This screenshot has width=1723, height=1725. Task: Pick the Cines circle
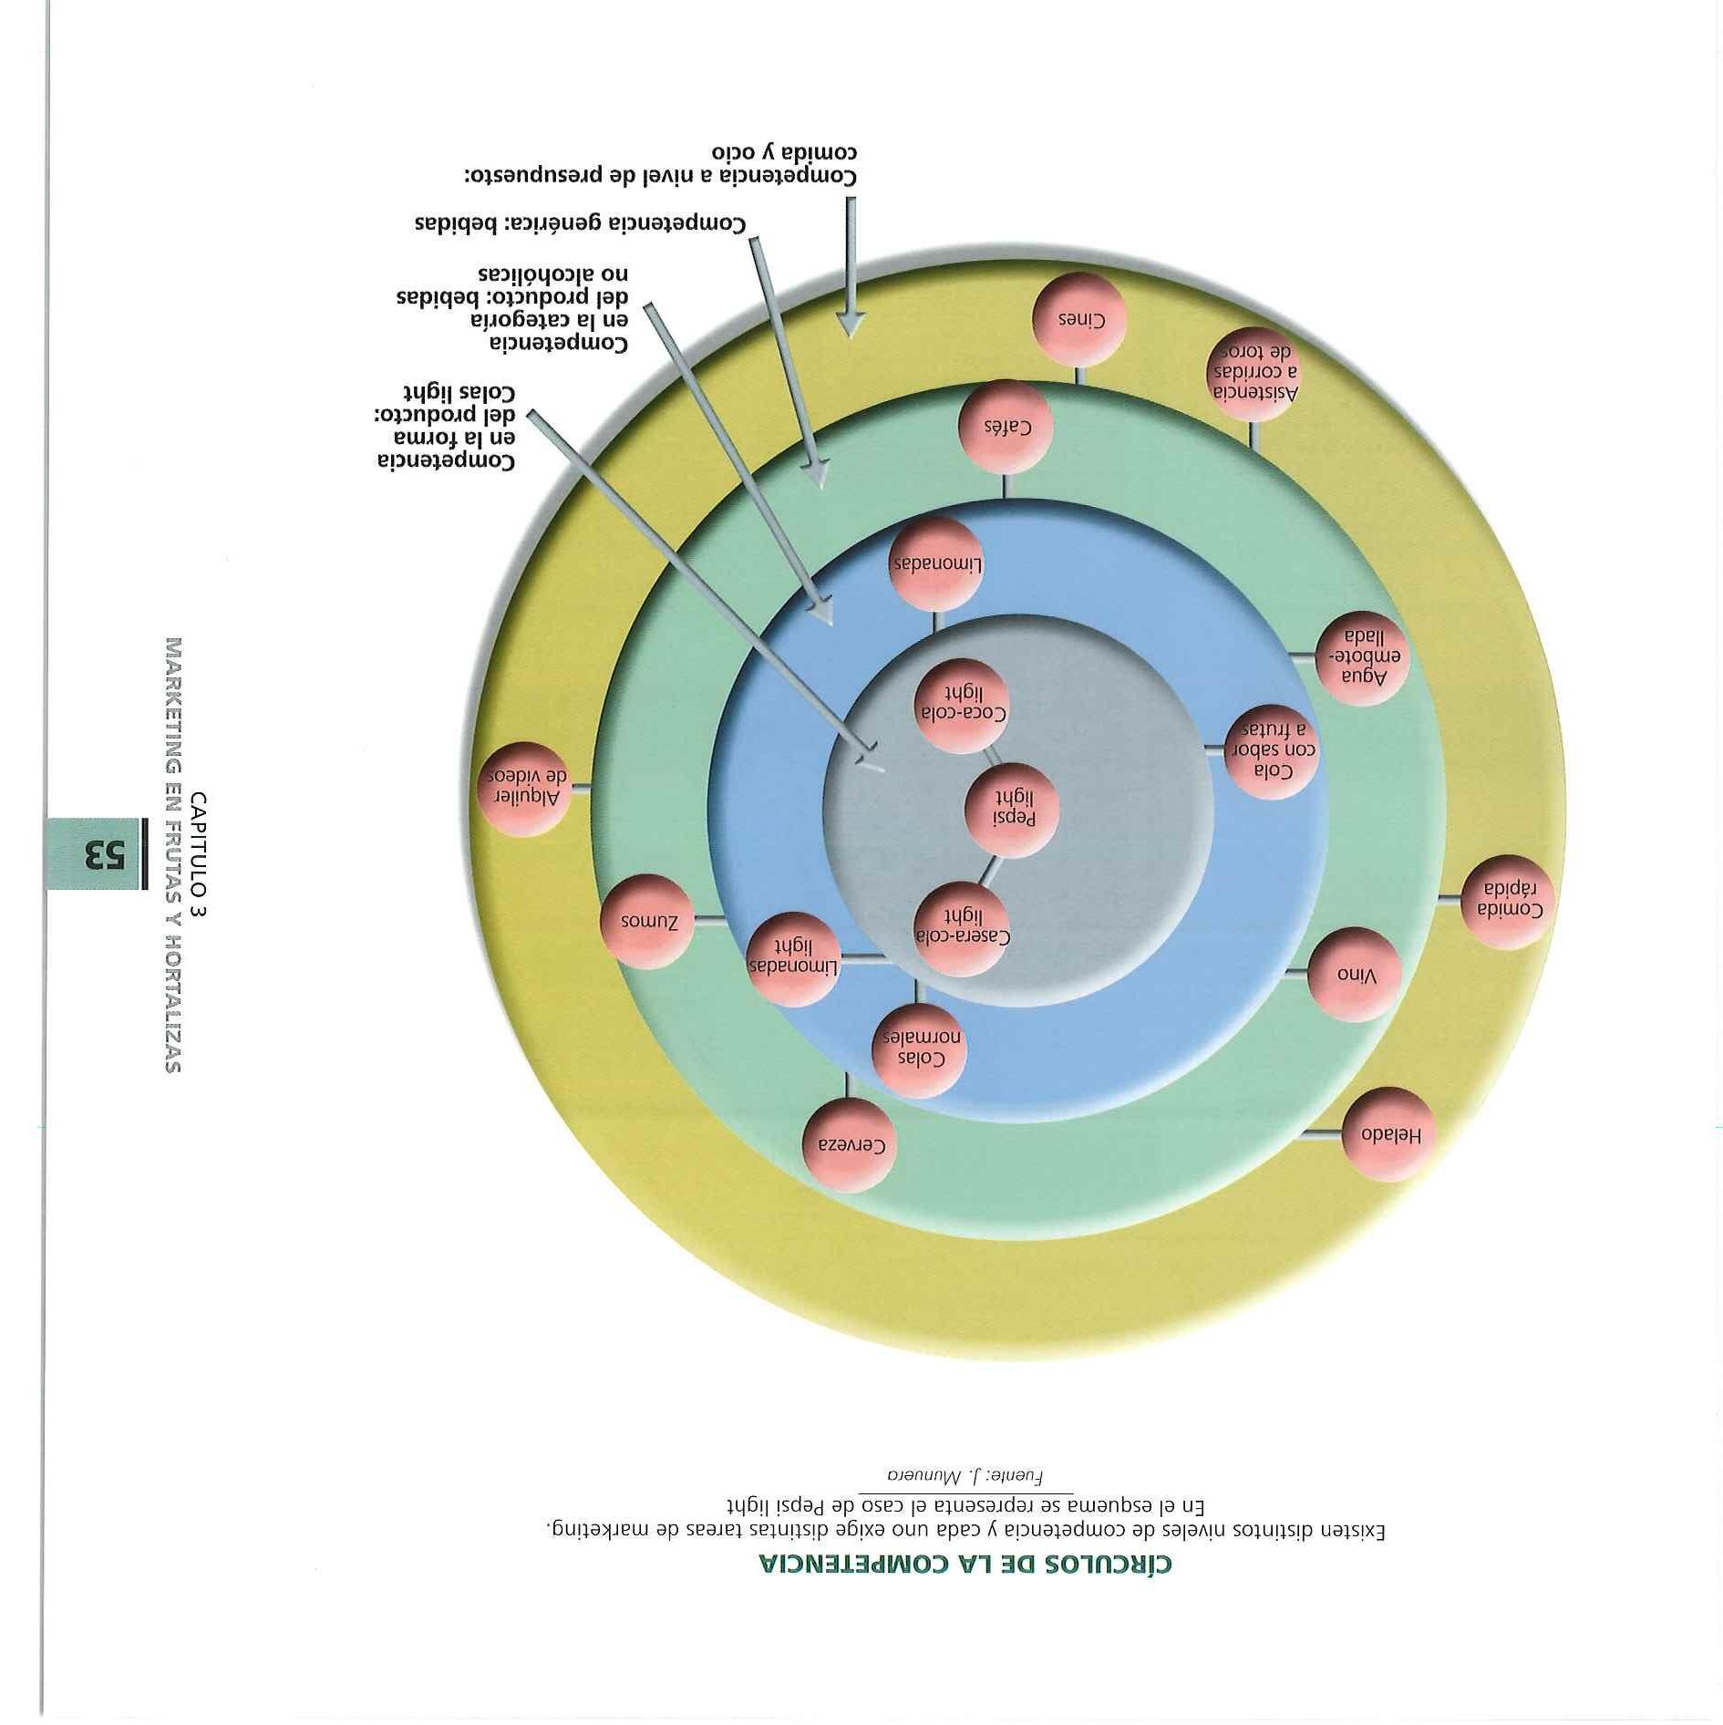click(1080, 320)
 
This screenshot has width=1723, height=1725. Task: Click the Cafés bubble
click(1006, 426)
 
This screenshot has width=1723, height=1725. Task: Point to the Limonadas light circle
click(792, 959)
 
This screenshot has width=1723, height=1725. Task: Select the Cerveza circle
click(849, 1144)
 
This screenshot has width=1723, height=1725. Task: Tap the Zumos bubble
click(648, 920)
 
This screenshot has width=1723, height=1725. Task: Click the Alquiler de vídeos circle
click(525, 788)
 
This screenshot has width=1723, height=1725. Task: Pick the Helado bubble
click(1388, 1134)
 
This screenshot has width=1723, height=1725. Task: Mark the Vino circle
click(1354, 975)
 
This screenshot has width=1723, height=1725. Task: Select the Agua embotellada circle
click(1363, 657)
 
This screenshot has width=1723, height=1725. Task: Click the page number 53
click(103, 854)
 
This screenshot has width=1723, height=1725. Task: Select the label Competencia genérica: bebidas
click(580, 223)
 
